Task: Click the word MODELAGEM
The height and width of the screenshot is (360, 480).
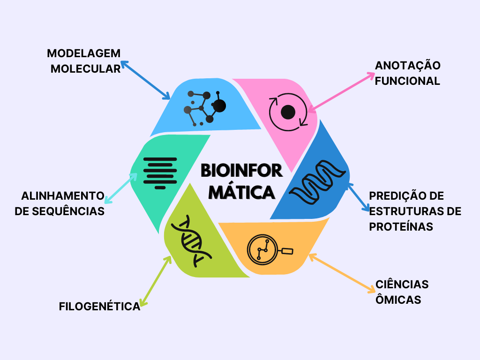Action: coord(83,53)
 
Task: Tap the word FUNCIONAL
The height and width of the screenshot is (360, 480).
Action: coord(407,81)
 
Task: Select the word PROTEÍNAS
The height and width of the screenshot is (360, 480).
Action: coord(401,227)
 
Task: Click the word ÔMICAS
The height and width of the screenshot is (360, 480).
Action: coord(398,300)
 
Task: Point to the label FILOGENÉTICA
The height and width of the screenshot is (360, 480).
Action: coord(99,307)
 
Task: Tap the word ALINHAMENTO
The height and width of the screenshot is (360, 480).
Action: coord(63,196)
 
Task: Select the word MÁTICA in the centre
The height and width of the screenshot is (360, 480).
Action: coord(241,192)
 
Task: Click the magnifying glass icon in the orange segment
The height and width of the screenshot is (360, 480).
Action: coord(270,249)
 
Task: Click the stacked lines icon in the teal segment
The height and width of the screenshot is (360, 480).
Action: coord(160,173)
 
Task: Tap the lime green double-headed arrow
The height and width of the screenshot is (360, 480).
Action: coord(156,281)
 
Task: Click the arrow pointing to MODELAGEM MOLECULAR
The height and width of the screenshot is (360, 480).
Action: coord(145,80)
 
